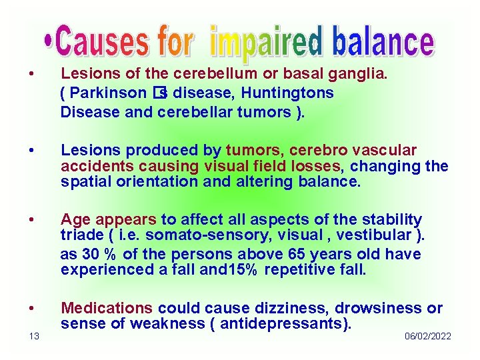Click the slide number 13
tap(33, 336)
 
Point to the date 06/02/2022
tap(427, 336)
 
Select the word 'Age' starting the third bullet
tap(75, 219)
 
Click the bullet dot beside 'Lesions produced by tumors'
tap(33, 151)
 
